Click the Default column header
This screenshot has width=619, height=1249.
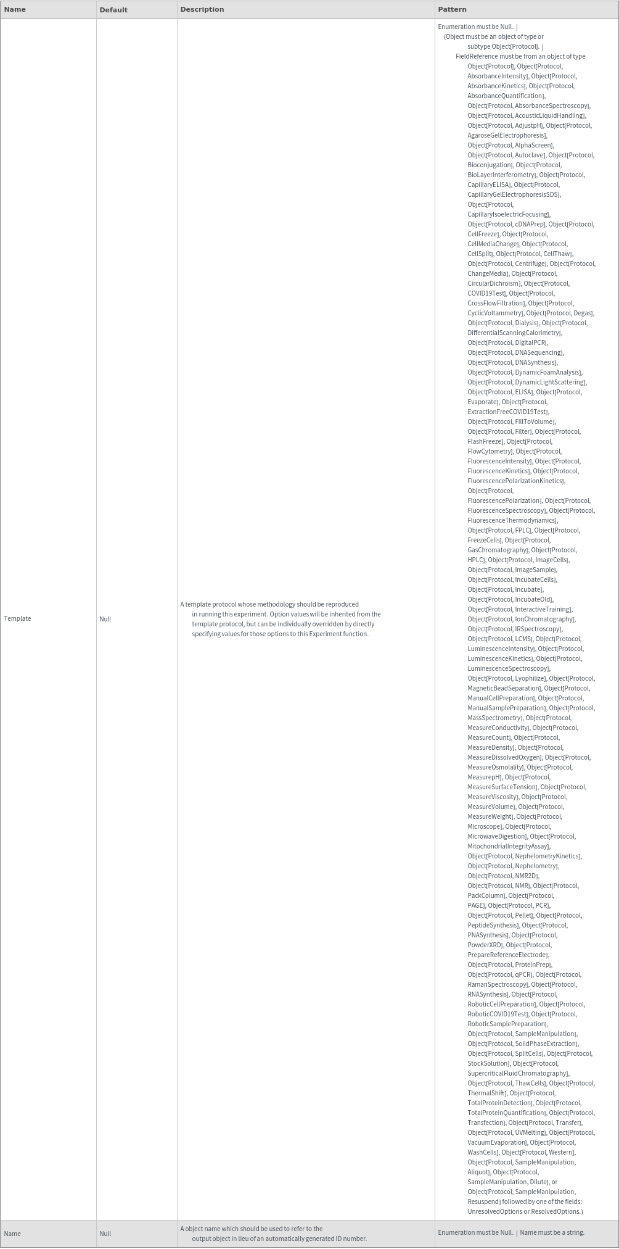click(x=113, y=10)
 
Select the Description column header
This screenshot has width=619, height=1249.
click(x=202, y=10)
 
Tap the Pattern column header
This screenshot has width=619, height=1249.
click(x=452, y=10)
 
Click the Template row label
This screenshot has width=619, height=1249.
click(x=17, y=618)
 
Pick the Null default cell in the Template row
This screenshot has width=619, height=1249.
click(x=105, y=619)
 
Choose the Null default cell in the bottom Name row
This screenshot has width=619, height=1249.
click(x=105, y=1234)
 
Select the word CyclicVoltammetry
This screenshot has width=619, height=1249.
click(x=495, y=313)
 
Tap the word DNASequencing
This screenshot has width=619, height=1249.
click(x=538, y=352)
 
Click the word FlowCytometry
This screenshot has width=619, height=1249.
click(x=490, y=451)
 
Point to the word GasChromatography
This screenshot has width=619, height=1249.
click(x=497, y=550)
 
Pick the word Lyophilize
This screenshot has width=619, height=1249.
click(x=530, y=678)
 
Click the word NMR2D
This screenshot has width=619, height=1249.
click(x=526, y=876)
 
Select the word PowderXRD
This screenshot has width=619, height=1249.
click(x=485, y=945)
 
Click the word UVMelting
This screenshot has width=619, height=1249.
click(x=530, y=1132)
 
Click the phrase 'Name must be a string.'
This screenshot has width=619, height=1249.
click(x=552, y=1232)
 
